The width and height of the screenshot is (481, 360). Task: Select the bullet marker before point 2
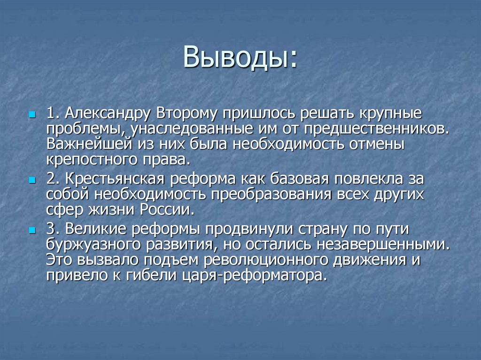click(31, 180)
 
